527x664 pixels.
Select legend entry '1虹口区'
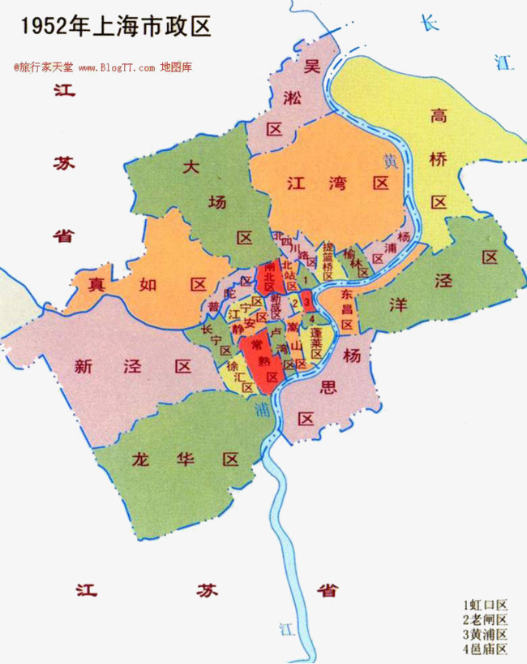pos(485,605)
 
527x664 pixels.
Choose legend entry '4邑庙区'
pos(485,649)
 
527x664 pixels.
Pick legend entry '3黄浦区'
pos(485,634)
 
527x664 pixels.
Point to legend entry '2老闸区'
pos(485,619)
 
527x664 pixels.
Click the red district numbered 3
pos(307,300)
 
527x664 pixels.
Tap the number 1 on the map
pos(302,279)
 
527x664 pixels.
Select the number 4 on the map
pos(311,319)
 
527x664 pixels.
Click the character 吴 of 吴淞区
pos(311,68)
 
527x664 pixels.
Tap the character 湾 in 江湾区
pos(339,184)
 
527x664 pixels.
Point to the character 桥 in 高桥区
pos(439,160)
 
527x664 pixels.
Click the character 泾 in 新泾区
pos(133,366)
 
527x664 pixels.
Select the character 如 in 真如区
pos(147,285)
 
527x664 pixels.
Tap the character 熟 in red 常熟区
pos(263,360)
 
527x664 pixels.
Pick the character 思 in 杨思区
pos(328,386)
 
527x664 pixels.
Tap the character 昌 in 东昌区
pos(346,308)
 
